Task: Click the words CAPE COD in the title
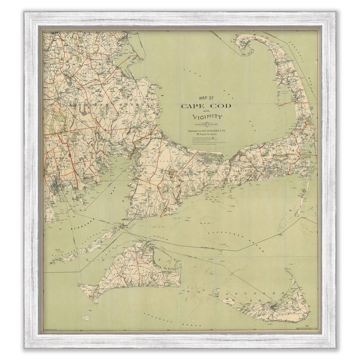pos(206,106)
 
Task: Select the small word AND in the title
pos(206,112)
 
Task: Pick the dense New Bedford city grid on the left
pos(55,180)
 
